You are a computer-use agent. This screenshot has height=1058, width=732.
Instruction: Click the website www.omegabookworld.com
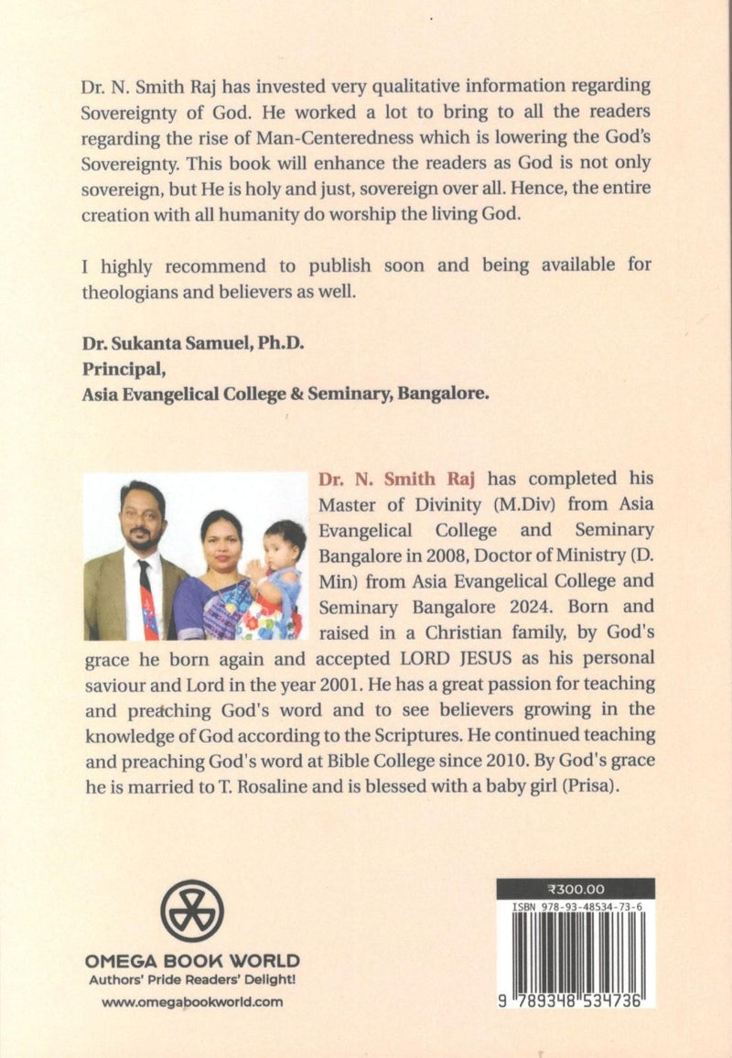pos(192,1001)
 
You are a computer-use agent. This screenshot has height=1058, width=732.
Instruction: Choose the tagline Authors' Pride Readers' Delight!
pos(192,980)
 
